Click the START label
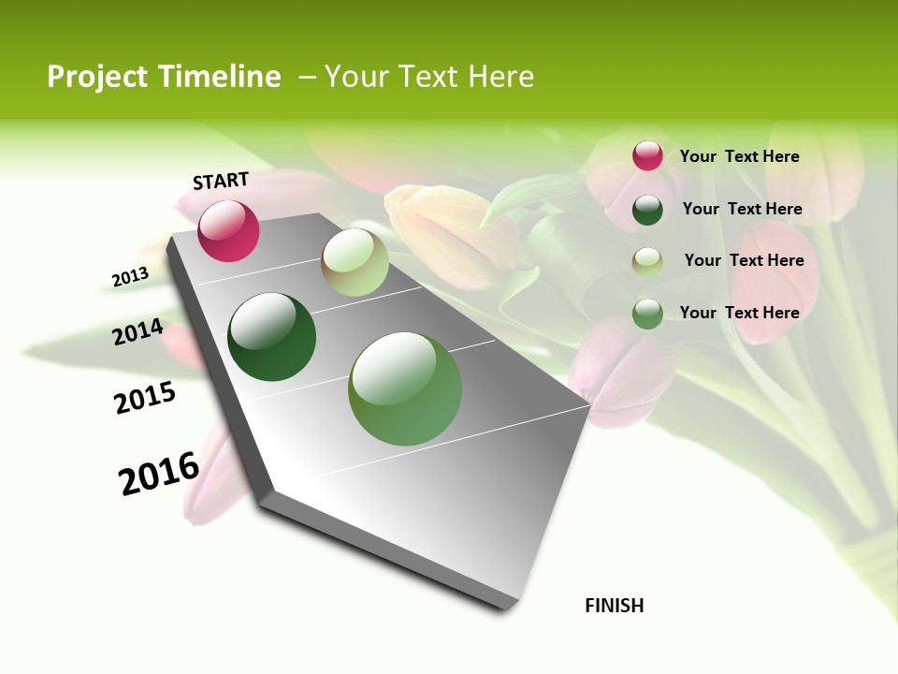click(221, 181)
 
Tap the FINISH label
click(614, 606)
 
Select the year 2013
click(130, 277)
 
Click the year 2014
click(138, 332)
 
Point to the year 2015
click(145, 398)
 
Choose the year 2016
click(159, 474)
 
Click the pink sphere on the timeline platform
click(228, 230)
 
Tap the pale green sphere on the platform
click(355, 262)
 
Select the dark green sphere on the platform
click(271, 337)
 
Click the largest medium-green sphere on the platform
click(404, 388)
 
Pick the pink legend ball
click(647, 156)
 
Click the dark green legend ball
click(647, 210)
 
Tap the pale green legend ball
click(647, 261)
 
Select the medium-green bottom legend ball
click(647, 314)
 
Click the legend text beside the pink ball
click(739, 156)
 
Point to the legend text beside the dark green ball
click(742, 209)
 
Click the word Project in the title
click(98, 77)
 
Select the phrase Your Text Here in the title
click(429, 77)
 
